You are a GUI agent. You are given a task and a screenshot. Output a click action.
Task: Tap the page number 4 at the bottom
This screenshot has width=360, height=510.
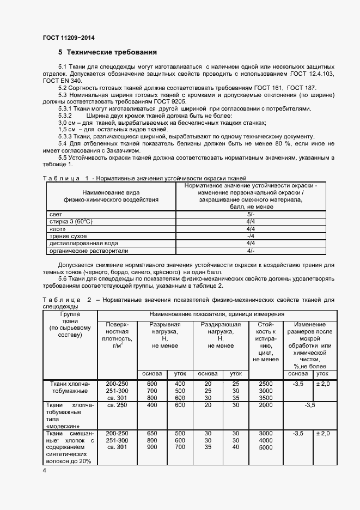[44, 470]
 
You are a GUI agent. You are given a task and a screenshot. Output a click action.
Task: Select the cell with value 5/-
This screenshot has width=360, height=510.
[251, 215]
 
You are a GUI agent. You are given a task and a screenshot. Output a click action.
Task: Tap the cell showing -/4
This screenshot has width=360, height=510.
[251, 236]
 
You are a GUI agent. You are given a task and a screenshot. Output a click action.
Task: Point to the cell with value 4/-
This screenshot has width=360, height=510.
[251, 251]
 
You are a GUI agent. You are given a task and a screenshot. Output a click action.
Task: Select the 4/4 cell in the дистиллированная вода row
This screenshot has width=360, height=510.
[251, 244]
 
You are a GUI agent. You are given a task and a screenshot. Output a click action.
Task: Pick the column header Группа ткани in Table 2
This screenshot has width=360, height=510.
[70, 324]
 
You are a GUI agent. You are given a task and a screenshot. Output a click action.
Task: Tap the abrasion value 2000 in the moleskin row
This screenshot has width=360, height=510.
[266, 405]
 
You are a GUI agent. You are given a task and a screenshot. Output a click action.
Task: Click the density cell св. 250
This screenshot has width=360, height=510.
[117, 405]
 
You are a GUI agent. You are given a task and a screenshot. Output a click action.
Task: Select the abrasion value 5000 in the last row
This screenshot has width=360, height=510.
[266, 447]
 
